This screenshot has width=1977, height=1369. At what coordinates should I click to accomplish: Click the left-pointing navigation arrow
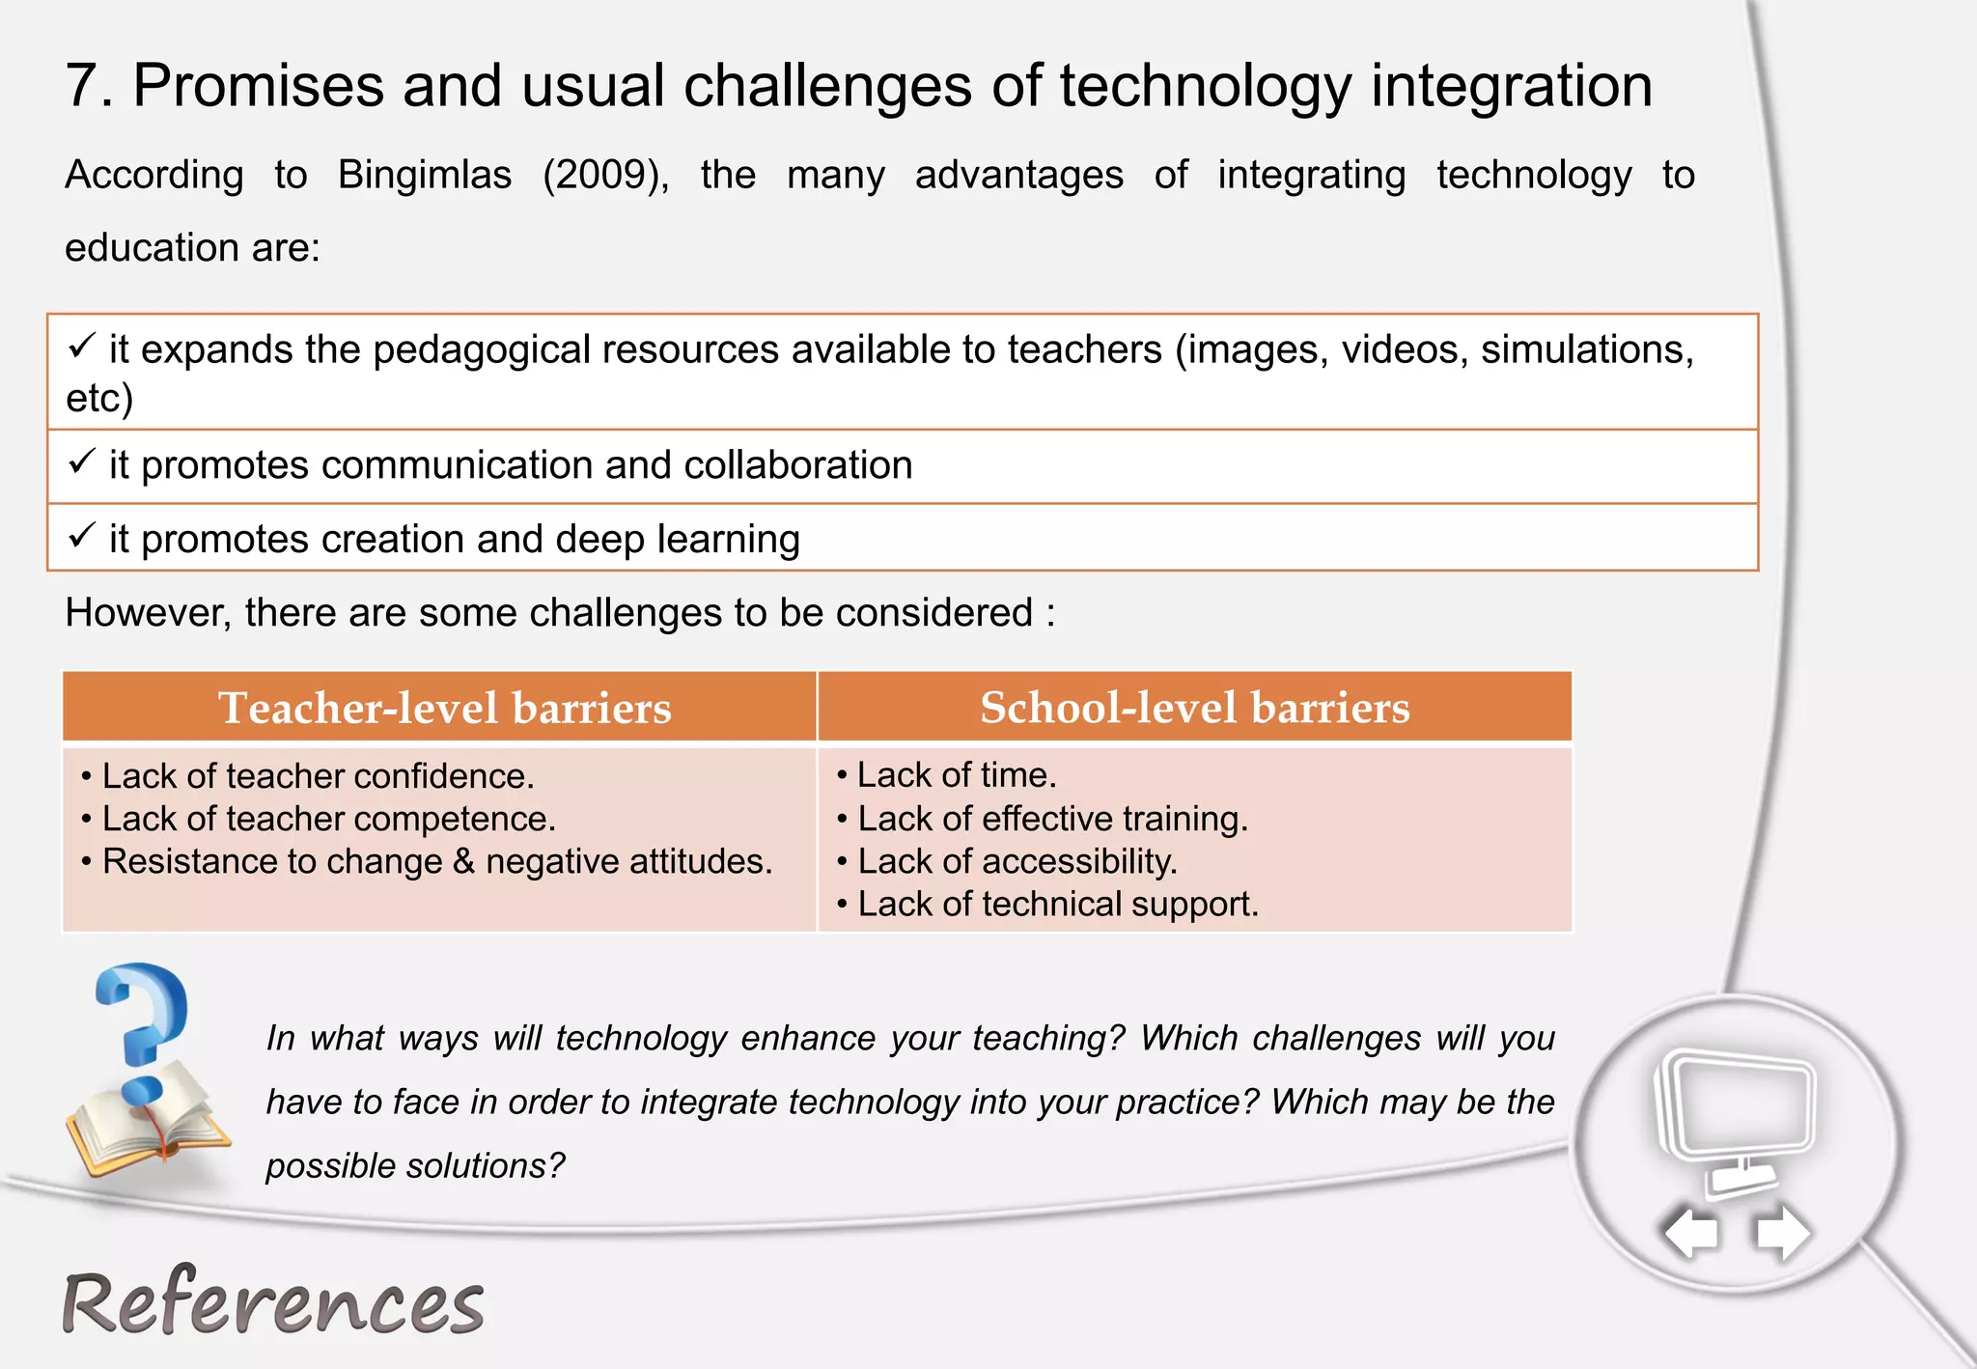[1691, 1233]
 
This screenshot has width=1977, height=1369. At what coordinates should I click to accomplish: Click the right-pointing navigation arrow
[1782, 1233]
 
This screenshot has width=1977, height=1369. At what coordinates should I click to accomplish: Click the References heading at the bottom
[273, 1303]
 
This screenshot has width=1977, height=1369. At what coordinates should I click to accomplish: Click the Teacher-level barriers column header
[444, 708]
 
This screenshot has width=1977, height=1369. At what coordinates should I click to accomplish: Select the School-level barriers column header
[1194, 708]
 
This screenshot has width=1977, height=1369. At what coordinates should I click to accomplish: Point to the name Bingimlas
[425, 176]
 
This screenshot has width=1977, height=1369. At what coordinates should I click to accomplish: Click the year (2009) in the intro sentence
[605, 176]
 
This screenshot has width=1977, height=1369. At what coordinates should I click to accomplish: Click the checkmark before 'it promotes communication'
[82, 461]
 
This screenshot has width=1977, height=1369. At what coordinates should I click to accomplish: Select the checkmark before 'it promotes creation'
[82, 535]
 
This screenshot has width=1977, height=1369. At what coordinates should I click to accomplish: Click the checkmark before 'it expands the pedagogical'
[82, 346]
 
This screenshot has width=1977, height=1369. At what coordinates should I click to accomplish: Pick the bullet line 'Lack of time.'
[956, 775]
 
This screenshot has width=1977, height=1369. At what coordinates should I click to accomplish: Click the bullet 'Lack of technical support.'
[1057, 905]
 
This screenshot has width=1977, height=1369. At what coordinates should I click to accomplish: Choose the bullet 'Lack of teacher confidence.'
[318, 776]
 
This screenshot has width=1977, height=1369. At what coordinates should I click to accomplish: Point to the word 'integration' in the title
[1511, 86]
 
